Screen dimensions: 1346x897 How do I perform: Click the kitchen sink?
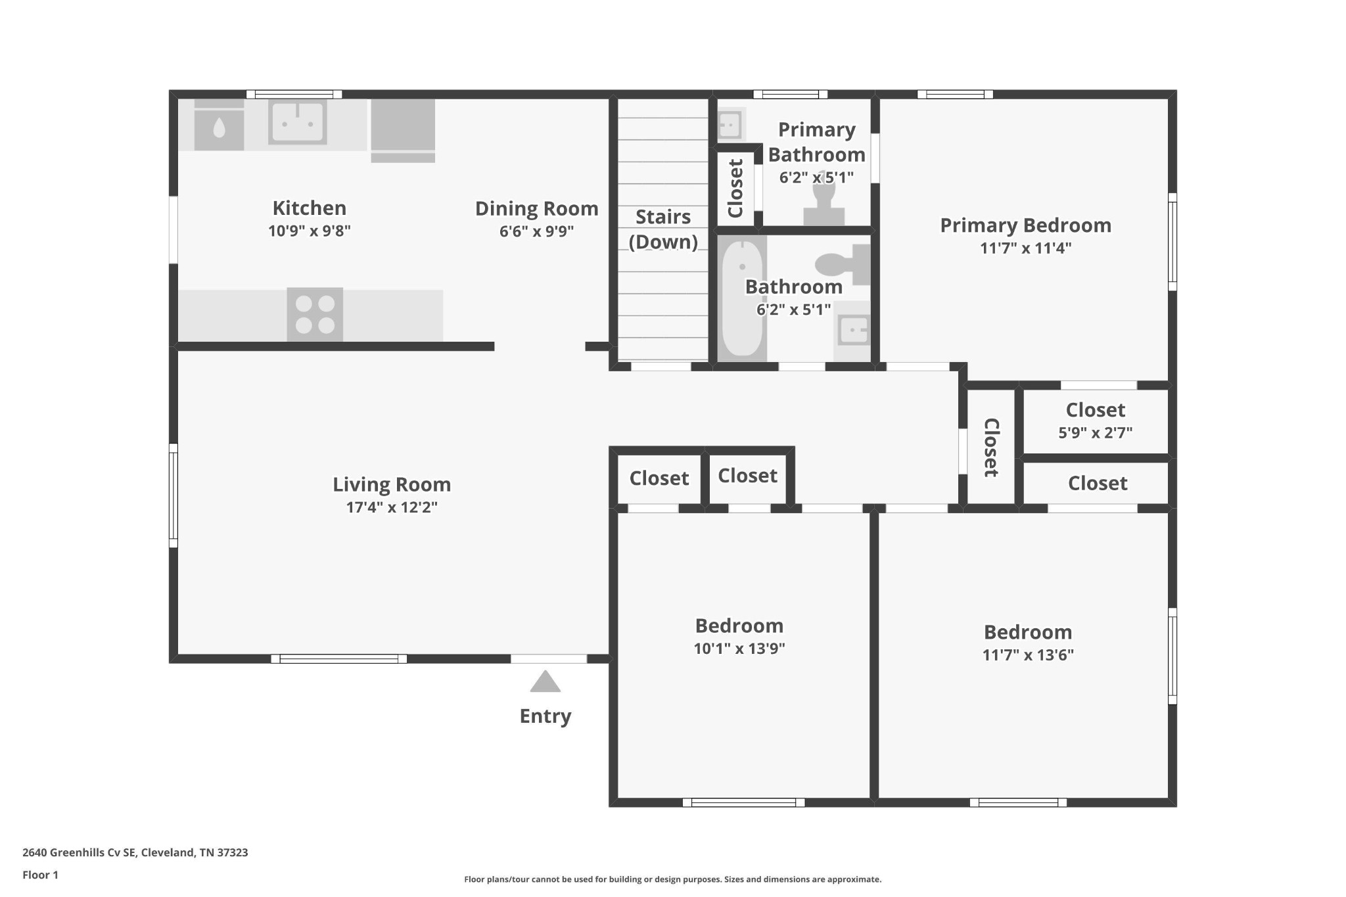click(x=297, y=122)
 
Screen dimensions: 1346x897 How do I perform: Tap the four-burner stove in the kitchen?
click(x=315, y=314)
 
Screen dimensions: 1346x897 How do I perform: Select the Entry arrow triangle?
click(x=545, y=681)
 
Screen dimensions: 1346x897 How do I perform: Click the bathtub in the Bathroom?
click(x=742, y=299)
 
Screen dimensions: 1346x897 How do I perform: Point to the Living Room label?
click(x=392, y=484)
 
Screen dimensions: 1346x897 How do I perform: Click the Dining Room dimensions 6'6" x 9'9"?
click(x=536, y=231)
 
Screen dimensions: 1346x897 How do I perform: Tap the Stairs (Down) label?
click(x=663, y=229)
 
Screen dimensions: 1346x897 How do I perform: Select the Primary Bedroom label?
click(x=1025, y=225)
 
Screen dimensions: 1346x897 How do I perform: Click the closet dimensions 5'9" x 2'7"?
click(x=1095, y=433)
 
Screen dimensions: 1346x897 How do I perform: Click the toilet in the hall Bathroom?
click(x=843, y=264)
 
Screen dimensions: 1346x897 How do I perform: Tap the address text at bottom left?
click(x=135, y=853)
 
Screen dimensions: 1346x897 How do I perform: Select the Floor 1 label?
click(x=40, y=875)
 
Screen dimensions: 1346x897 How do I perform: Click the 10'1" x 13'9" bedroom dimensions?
click(x=739, y=649)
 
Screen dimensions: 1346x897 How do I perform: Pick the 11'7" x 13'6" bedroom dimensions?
click(x=1028, y=655)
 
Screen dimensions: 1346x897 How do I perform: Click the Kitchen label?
click(x=310, y=208)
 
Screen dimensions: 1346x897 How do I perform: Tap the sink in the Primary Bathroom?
click(x=730, y=123)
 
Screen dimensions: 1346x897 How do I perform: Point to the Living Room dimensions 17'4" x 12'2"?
click(x=392, y=507)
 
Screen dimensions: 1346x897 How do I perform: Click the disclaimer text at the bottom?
click(x=672, y=879)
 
